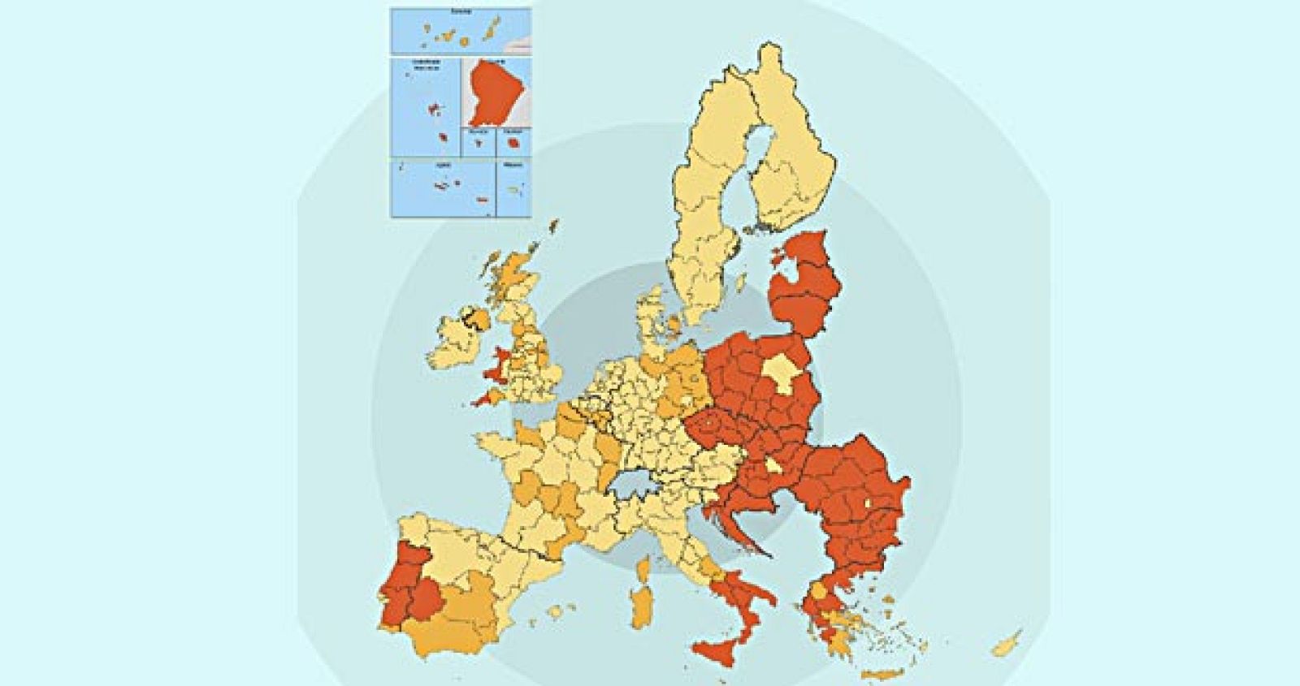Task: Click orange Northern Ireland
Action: click(474, 320)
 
